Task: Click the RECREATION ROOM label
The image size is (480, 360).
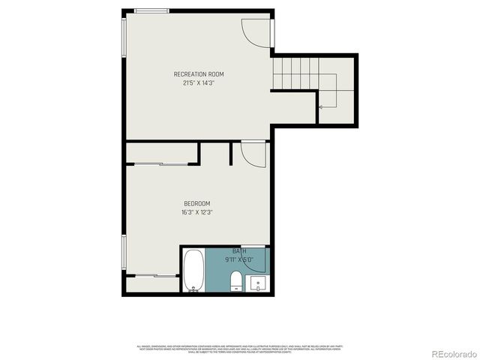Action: [199, 74]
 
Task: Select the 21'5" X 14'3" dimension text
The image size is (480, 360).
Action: [199, 83]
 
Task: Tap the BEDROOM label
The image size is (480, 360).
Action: [196, 203]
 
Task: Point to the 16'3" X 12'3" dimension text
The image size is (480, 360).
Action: [196, 212]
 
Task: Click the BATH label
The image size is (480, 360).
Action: [238, 251]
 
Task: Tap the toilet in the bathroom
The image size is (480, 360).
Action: [236, 283]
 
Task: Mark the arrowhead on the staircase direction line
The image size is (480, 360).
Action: [320, 108]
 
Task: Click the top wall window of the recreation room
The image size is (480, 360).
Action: [152, 10]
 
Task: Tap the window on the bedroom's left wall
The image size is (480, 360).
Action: [123, 255]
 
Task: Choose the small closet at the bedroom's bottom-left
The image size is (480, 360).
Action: [152, 283]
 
